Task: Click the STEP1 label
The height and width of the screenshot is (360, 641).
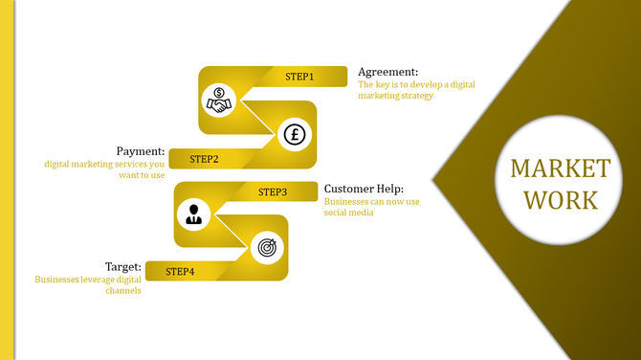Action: (299, 77)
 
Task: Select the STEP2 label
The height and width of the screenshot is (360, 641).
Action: (205, 159)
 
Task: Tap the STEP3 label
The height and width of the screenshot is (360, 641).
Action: (273, 192)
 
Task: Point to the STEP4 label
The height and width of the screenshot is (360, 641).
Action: (180, 272)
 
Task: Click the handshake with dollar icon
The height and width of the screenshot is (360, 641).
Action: (220, 100)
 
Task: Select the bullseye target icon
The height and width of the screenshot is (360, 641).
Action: (266, 248)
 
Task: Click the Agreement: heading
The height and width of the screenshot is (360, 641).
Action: (387, 72)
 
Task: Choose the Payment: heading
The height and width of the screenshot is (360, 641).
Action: (140, 151)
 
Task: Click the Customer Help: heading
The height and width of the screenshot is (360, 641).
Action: (364, 189)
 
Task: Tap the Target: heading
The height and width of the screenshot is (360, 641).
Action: (123, 267)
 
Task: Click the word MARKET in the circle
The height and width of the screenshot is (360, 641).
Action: (560, 169)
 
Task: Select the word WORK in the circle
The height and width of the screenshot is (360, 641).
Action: (560, 200)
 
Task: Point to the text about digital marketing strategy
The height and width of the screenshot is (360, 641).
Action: (416, 90)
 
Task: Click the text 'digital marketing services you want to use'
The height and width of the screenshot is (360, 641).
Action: (104, 169)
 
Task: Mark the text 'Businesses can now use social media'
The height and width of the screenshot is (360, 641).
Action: (371, 207)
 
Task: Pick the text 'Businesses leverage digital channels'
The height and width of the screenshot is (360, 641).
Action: (88, 284)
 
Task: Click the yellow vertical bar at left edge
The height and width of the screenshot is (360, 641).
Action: (6, 180)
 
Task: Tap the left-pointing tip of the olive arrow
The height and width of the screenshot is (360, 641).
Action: (435, 179)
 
